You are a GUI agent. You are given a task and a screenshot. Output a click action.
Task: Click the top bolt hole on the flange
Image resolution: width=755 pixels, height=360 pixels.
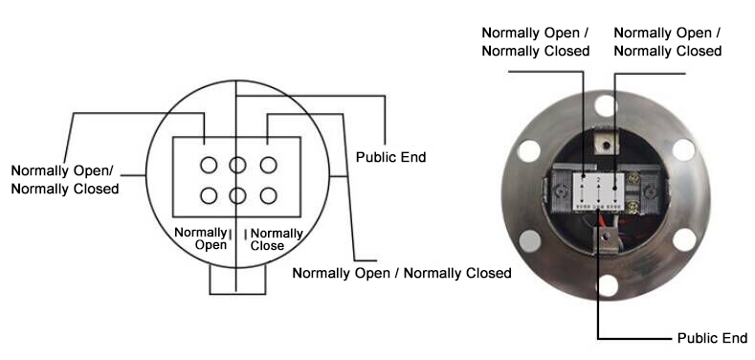[x=605, y=104]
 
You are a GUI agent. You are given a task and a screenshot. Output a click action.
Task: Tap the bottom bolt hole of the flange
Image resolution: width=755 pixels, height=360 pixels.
[x=607, y=284]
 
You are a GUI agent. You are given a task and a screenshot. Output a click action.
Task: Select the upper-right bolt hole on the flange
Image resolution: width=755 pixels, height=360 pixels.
[x=683, y=149]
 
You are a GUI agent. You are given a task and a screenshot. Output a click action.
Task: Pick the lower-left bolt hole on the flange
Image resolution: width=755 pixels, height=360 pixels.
[x=528, y=239]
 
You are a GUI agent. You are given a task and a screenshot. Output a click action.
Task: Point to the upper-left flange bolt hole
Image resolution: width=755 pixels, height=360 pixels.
[x=528, y=149]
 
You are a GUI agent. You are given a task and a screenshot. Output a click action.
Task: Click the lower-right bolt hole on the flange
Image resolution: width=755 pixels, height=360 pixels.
[x=683, y=239]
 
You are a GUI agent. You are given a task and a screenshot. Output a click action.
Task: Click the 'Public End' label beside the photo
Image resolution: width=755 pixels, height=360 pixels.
[x=711, y=339]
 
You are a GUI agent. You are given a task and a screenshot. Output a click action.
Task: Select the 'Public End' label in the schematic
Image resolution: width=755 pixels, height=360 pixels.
[x=390, y=157]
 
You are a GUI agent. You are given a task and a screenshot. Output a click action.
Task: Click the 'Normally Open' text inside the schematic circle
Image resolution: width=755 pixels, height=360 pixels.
[x=200, y=238]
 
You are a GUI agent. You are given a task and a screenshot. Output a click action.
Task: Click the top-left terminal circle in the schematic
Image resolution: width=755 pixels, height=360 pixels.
[x=209, y=166]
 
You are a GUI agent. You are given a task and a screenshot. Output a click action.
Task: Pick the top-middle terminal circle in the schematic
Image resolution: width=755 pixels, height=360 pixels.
[x=238, y=166]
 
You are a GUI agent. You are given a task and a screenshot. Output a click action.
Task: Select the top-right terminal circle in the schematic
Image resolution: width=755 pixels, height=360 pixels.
[x=269, y=166]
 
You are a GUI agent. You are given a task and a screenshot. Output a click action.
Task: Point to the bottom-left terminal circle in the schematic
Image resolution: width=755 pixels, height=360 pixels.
[x=209, y=196]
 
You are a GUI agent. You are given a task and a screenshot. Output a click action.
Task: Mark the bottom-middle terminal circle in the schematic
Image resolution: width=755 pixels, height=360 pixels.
[x=238, y=196]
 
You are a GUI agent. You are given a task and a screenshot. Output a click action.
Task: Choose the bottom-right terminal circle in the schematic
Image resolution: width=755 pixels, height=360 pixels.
[x=269, y=196]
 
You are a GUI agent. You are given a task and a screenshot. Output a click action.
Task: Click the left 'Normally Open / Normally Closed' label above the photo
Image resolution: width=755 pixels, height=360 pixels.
[x=535, y=41]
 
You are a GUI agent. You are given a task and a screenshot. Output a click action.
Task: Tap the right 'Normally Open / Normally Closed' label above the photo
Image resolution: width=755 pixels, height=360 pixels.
[x=667, y=41]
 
